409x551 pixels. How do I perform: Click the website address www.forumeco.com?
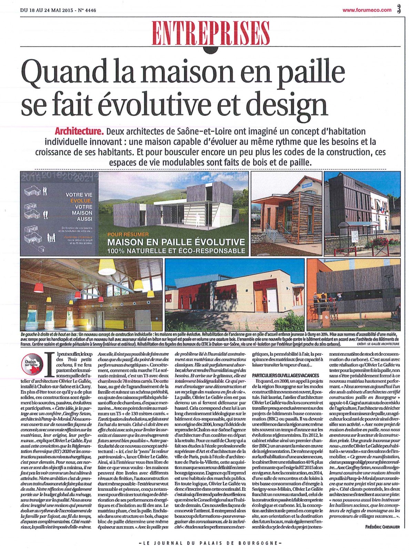(x=367, y=10)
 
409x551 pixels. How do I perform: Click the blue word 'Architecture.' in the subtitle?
(x=79, y=132)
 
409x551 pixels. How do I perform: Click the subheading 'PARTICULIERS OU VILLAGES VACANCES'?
(x=286, y=375)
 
